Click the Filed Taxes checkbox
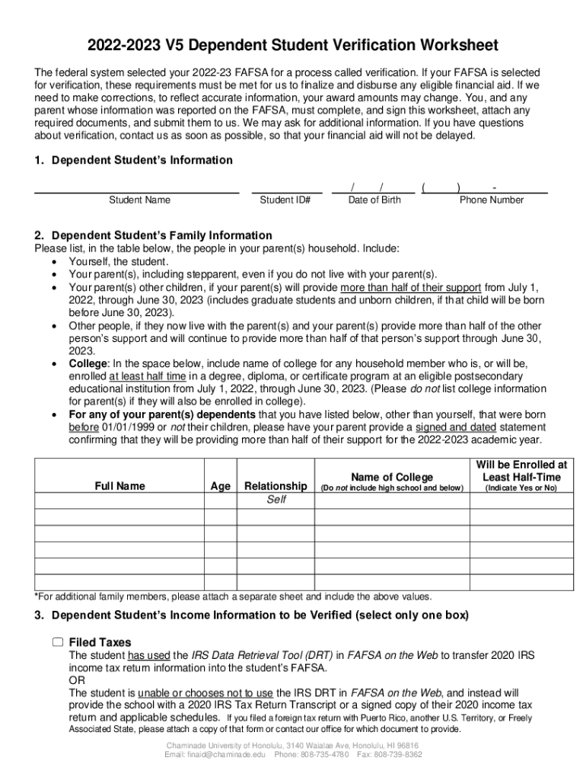(x=58, y=642)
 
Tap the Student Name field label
(x=139, y=200)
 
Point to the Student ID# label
(x=285, y=200)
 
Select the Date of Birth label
(x=374, y=200)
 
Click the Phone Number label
(x=492, y=200)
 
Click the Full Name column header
(x=119, y=486)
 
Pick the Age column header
(x=220, y=486)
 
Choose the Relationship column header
(x=275, y=486)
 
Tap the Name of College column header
(x=392, y=477)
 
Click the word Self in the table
(x=275, y=500)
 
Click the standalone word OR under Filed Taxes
(x=77, y=680)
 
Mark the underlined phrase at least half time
(x=149, y=376)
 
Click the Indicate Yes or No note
(x=521, y=487)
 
